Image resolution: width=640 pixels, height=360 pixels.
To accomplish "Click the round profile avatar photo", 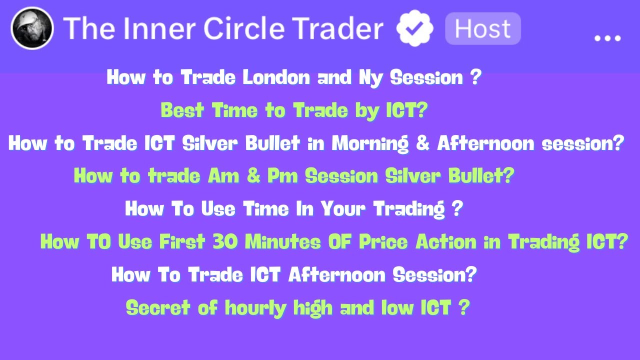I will [32, 28].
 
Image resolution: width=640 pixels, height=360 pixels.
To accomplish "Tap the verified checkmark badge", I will [414, 29].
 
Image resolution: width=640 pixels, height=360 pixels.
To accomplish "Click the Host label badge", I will [482, 28].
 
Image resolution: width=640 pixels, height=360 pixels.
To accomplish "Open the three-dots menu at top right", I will [607, 37].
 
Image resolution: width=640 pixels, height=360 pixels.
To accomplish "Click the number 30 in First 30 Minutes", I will [225, 242].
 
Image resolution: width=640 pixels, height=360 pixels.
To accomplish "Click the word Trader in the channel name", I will [340, 28].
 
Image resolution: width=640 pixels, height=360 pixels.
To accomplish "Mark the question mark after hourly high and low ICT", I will [463, 308].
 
